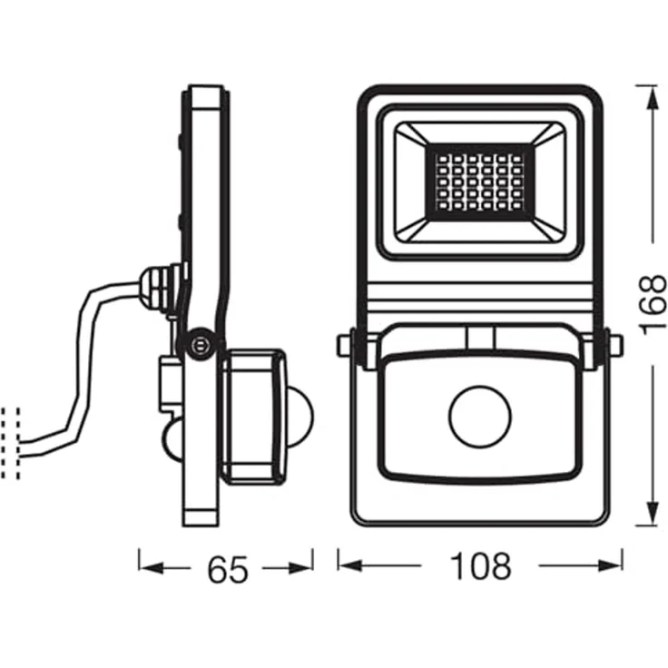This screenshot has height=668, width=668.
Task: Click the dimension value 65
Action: [x=227, y=569]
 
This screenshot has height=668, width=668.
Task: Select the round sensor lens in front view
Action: [x=480, y=418]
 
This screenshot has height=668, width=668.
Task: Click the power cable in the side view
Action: [x=86, y=363]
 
